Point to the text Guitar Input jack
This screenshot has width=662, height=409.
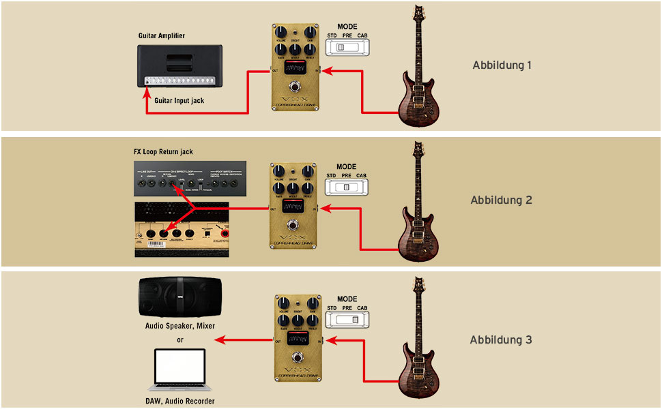tap(179, 101)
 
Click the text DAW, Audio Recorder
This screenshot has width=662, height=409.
tap(180, 402)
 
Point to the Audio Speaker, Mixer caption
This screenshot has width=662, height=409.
tap(180, 326)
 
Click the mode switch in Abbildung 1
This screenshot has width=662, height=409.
tap(347, 47)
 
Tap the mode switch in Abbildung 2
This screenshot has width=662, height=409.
tap(347, 187)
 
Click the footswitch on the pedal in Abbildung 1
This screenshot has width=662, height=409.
tap(295, 87)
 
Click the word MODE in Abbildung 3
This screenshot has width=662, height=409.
tap(347, 299)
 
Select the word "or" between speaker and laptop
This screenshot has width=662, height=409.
tap(180, 339)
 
